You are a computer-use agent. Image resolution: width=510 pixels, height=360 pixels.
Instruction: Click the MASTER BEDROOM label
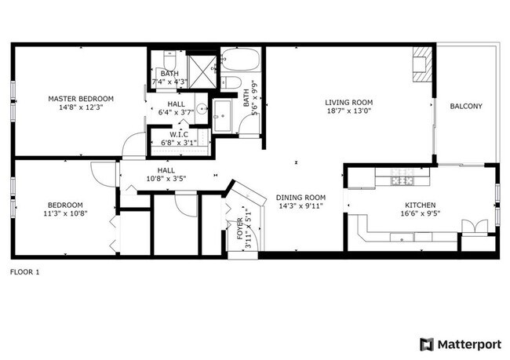coord(81,99)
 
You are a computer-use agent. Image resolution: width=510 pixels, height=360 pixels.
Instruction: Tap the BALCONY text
coord(466,107)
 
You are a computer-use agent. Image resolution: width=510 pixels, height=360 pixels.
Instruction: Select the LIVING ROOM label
coord(349,103)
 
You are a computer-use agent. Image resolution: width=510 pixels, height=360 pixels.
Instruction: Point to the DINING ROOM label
coord(301,198)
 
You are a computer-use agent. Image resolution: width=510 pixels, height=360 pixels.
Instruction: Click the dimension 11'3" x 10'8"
coord(65,212)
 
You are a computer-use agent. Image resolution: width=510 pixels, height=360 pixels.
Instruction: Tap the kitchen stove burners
coord(403,181)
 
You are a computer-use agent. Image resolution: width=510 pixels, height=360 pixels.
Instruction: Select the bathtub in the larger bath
coord(242,60)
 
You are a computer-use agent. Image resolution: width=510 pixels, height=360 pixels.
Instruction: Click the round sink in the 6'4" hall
coord(202,109)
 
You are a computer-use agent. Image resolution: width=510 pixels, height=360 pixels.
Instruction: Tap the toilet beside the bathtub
coord(230,82)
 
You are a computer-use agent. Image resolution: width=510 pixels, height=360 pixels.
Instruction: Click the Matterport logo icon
coord(427,344)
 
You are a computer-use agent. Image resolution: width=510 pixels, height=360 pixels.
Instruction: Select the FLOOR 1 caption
coord(24,272)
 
